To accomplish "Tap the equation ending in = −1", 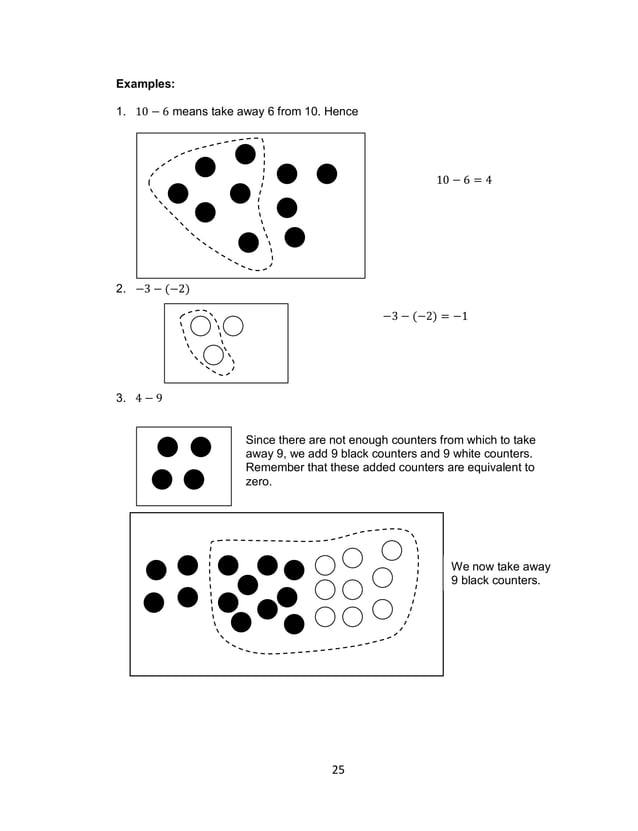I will pyautogui.click(x=425, y=317).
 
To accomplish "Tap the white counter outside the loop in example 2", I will pyautogui.click(x=233, y=325).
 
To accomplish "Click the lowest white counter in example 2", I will pyautogui.click(x=212, y=354).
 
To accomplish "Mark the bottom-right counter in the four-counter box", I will pyautogui.click(x=194, y=479).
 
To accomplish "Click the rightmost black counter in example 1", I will pyautogui.click(x=326, y=174).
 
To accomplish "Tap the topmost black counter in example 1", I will pyautogui.click(x=245, y=154).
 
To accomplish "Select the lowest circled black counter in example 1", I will pyautogui.click(x=248, y=241).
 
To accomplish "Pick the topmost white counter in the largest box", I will pyautogui.click(x=392, y=550).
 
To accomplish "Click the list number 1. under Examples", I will pyautogui.click(x=120, y=110).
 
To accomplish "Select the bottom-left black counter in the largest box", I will pyautogui.click(x=154, y=602).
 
